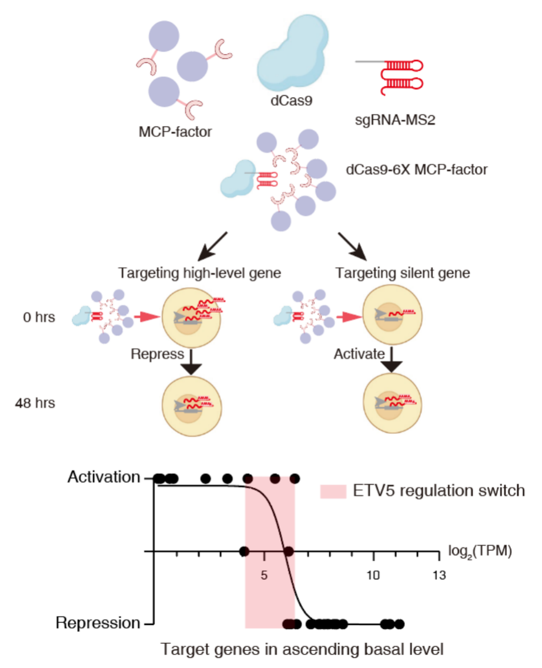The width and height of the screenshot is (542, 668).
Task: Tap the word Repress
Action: pyautogui.click(x=153, y=355)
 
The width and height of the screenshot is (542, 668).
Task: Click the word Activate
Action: pyautogui.click(x=359, y=355)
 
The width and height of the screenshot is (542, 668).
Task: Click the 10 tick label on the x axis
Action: pyautogui.click(x=373, y=573)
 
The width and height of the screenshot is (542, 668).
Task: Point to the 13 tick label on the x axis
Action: pyautogui.click(x=438, y=573)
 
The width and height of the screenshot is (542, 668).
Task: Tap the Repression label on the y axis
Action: pyautogui.click(x=98, y=623)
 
